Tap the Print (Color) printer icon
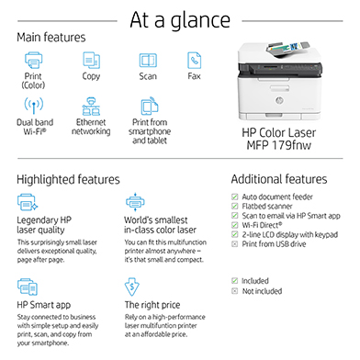click(x=33, y=61)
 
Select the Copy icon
click(x=91, y=61)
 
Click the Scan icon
click(x=148, y=61)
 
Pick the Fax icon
click(x=195, y=61)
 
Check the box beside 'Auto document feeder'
click(x=235, y=197)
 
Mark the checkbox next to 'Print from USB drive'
click(x=235, y=243)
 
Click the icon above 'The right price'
click(x=132, y=286)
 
